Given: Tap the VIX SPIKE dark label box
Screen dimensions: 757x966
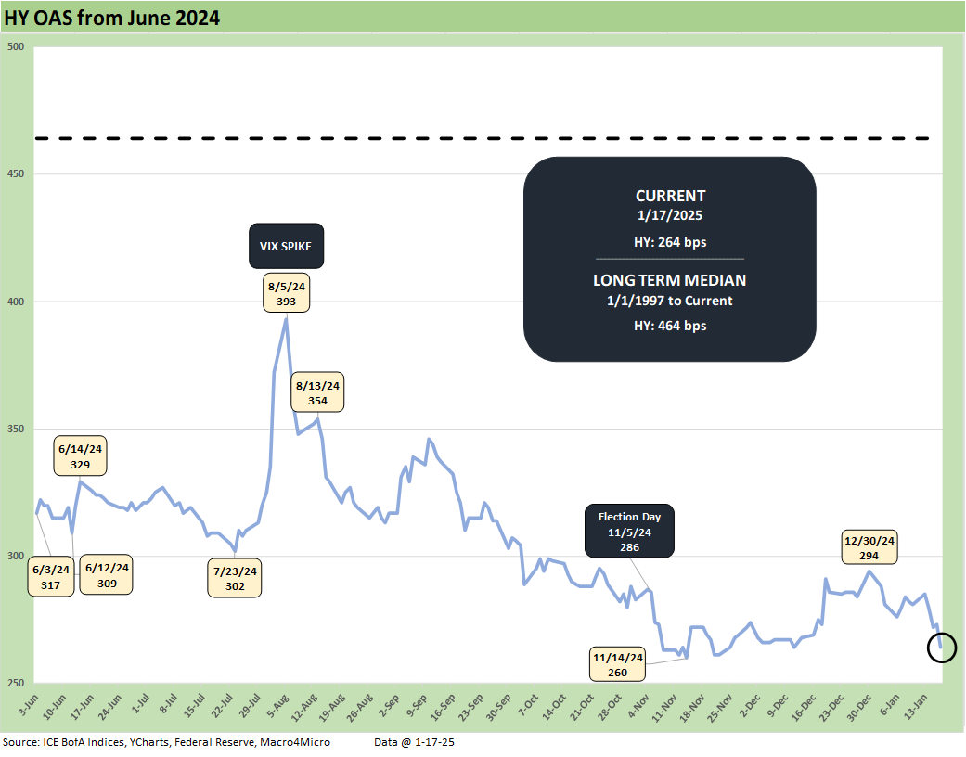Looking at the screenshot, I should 286,248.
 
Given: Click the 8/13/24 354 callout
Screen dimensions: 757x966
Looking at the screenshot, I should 318,391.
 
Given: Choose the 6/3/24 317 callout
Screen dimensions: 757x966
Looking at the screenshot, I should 51,575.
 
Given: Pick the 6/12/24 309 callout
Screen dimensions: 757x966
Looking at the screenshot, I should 108,575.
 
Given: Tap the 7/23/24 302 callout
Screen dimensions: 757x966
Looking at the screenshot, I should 235,578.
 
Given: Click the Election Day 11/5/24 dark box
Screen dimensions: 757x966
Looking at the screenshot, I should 630,532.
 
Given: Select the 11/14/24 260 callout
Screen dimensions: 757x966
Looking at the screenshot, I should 617,664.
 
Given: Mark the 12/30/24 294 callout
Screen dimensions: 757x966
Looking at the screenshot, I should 869,547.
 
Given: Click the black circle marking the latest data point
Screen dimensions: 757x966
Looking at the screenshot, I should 942,648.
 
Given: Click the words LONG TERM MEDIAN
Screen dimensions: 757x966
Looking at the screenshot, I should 669,280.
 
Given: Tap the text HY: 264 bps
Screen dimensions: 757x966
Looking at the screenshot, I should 670,240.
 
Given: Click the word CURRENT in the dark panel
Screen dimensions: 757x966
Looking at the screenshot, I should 670,196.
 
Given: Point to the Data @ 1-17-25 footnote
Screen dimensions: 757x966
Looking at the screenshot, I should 415,743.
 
